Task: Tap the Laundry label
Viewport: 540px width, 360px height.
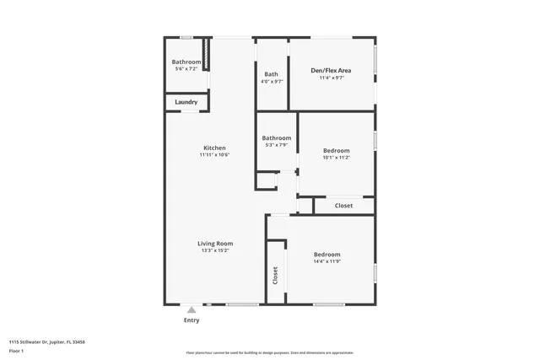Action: (x=186, y=103)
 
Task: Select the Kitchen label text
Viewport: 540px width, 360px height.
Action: (x=214, y=148)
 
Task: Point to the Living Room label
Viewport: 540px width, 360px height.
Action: (x=214, y=244)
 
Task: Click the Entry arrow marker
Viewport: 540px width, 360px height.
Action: (x=192, y=310)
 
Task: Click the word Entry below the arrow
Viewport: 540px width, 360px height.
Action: (x=192, y=320)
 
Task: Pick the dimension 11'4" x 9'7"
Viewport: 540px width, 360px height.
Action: (x=332, y=78)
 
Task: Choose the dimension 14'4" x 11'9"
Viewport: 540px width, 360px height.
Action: (x=327, y=261)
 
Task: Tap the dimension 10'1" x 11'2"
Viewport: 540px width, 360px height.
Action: (x=336, y=157)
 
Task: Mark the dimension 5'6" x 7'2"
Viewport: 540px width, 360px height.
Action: (x=186, y=68)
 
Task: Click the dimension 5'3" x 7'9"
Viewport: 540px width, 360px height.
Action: (x=276, y=145)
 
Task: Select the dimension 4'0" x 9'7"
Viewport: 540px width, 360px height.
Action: (x=272, y=81)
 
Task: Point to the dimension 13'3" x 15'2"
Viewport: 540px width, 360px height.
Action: (x=214, y=250)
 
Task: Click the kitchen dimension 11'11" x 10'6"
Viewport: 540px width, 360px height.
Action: (x=214, y=154)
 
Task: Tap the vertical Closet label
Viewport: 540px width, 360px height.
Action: (x=275, y=275)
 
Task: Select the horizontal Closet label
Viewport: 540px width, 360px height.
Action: (x=343, y=206)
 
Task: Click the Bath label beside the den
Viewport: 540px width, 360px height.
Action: (x=272, y=74)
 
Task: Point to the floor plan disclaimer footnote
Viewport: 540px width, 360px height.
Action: (x=269, y=352)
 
